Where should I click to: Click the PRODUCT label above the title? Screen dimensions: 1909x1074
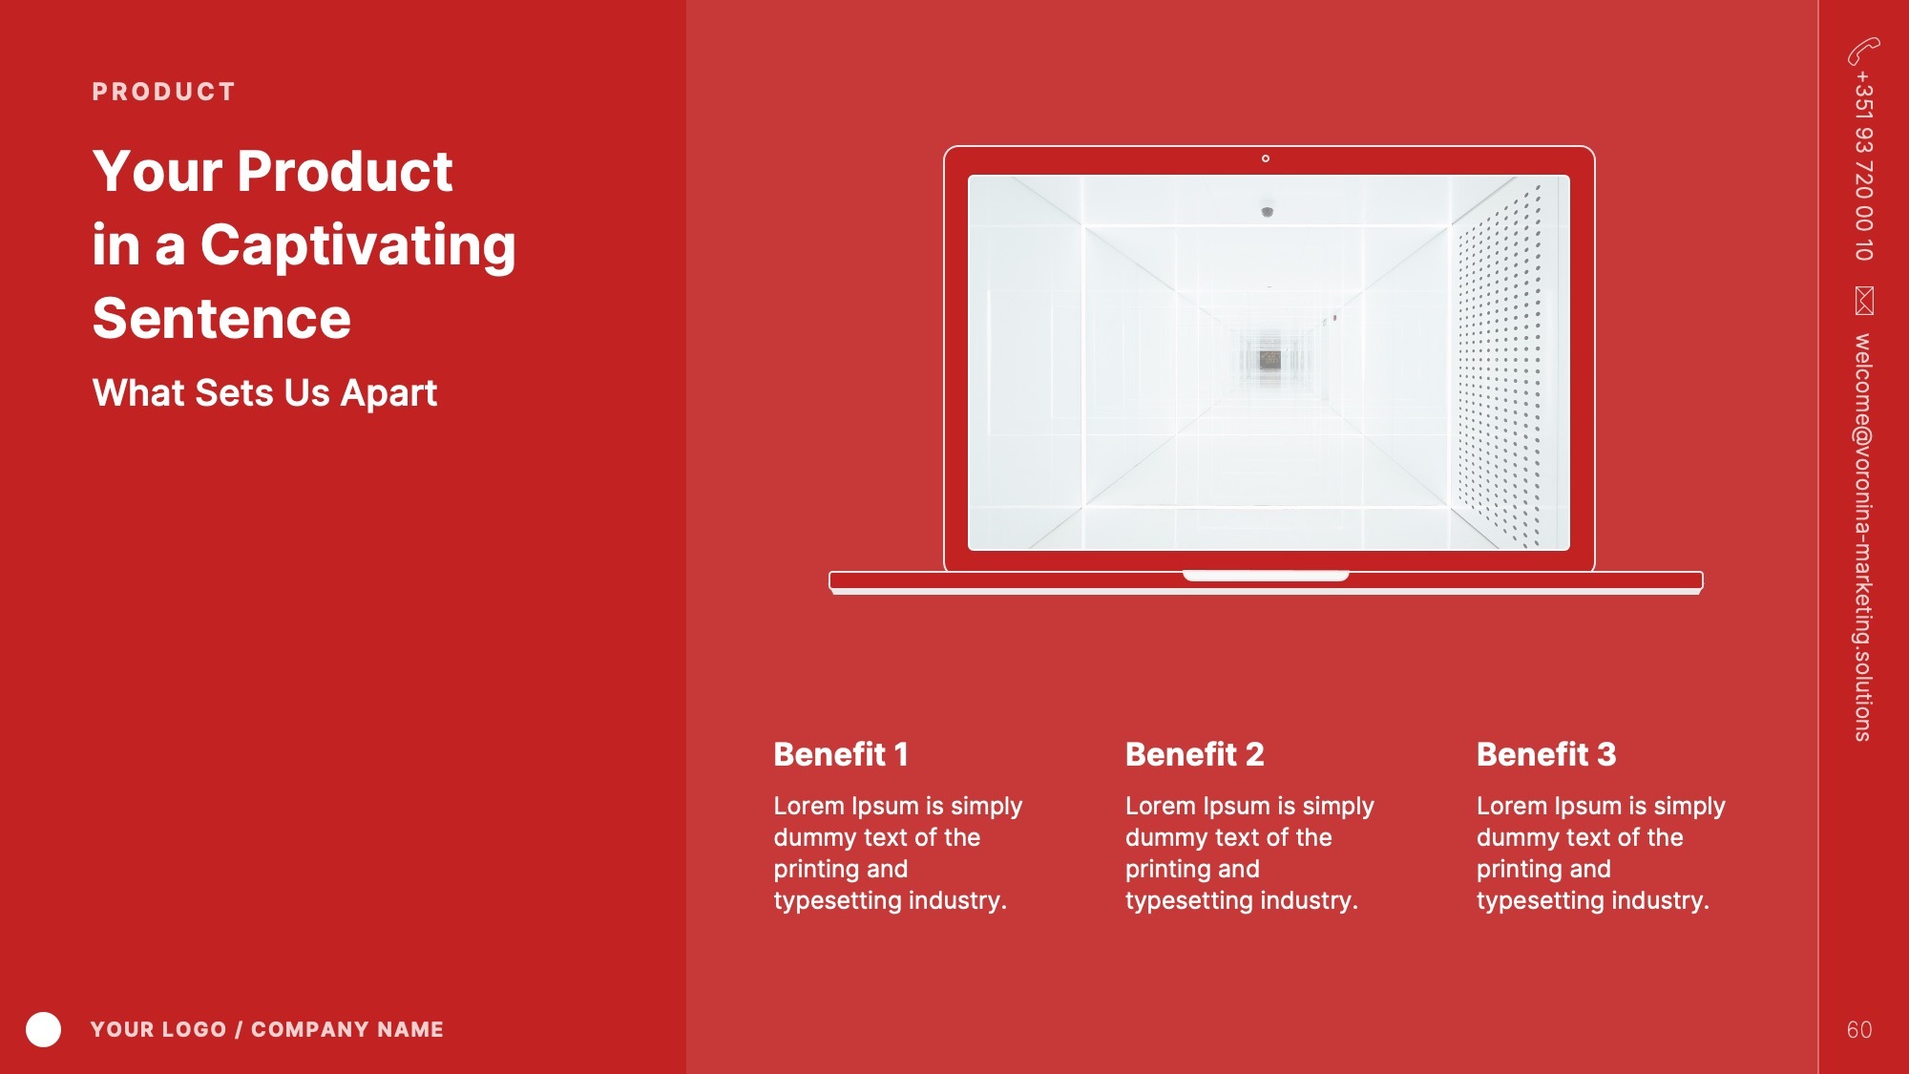pyautogui.click(x=163, y=92)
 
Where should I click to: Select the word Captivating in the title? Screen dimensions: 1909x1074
pyautogui.click(x=358, y=245)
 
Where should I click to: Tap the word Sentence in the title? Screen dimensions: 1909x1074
pyautogui.click(x=222, y=318)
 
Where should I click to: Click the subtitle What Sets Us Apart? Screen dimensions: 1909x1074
pyautogui.click(x=264, y=392)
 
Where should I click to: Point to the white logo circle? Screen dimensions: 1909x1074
pyautogui.click(x=43, y=1029)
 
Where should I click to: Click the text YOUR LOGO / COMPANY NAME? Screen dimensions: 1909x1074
pyautogui.click(x=267, y=1029)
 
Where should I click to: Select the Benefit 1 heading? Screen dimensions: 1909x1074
pyautogui.click(x=841, y=754)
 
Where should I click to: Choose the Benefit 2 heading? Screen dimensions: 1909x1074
pyautogui.click(x=1195, y=754)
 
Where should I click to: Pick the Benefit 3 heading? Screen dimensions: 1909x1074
pyautogui.click(x=1546, y=754)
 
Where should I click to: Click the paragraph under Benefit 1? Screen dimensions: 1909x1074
pyautogui.click(x=898, y=853)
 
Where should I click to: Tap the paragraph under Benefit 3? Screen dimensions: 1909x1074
pyautogui.click(x=1601, y=853)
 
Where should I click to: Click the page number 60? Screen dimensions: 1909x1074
pyautogui.click(x=1859, y=1030)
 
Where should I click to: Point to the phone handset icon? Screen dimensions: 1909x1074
pyautogui.click(x=1863, y=51)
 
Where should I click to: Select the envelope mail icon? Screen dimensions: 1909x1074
pyautogui.click(x=1864, y=300)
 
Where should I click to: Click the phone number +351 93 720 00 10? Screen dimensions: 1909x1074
pyautogui.click(x=1863, y=166)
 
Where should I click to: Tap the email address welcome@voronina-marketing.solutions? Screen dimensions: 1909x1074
pyautogui.click(x=1863, y=537)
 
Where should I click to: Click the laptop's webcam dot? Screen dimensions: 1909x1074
pyautogui.click(x=1266, y=158)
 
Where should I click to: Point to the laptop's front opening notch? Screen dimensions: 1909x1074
pyautogui.click(x=1266, y=576)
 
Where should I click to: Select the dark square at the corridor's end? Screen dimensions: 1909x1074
pyautogui.click(x=1269, y=360)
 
